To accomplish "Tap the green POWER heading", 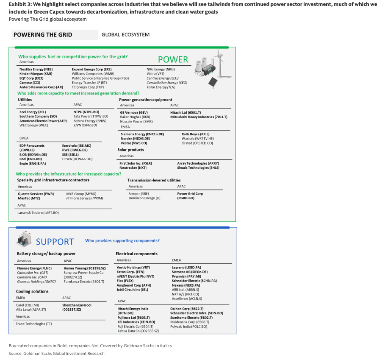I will pos(173,59).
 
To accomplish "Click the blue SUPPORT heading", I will pos(55,242).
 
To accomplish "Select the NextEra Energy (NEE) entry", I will pos(36,69).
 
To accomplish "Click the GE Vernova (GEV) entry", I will pos(134,112).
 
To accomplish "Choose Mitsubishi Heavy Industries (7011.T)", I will pos(199,117).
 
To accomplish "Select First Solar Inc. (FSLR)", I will pos(136,163).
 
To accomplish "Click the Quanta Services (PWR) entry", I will pos(36,194).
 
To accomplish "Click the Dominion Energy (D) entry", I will pos(144,198).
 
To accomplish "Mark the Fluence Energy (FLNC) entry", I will pos(34,268).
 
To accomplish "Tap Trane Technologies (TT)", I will pos(34,324).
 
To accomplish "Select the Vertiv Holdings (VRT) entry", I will pos(133,268).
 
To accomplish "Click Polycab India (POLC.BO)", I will pos(189,327).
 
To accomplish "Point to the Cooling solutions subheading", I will pos(32,291).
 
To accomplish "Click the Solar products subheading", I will pos(130,150).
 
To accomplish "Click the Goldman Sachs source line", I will pos(56,353).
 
